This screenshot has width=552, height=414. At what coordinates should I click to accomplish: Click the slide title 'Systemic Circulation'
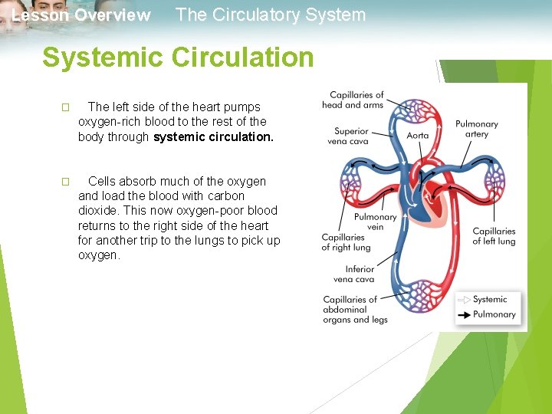178,58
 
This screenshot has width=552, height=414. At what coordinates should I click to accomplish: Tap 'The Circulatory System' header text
271,15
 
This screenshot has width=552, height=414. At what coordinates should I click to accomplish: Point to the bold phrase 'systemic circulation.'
213,137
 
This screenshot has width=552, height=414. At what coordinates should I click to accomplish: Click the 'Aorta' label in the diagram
418,136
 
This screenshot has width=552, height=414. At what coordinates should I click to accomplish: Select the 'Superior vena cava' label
351,136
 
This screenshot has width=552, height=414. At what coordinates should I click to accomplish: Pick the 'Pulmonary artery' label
476,129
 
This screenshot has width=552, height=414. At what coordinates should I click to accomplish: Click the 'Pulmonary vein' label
375,222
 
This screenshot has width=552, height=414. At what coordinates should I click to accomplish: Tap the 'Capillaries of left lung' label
494,236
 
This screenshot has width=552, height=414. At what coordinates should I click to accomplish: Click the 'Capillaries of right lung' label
346,242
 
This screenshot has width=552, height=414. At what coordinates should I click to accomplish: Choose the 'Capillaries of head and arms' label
353,100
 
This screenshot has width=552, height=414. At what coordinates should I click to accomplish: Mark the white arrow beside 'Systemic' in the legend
464,300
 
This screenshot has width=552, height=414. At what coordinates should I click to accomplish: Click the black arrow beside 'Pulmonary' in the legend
464,314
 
